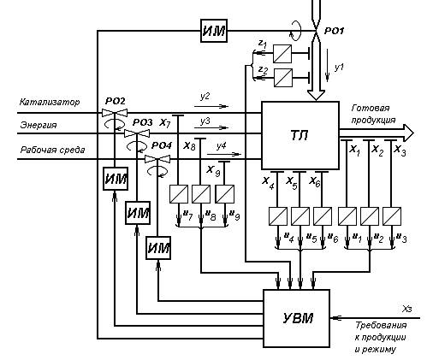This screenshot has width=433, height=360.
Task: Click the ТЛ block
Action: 300,135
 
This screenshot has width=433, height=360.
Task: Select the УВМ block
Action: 296,318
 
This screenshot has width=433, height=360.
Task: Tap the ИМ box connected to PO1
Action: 214,31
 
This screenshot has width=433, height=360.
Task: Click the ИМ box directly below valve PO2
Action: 116,179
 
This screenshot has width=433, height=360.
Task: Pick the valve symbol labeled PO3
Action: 137,133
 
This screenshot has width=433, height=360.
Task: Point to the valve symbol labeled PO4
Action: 157,159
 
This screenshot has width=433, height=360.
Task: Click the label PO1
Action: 335,31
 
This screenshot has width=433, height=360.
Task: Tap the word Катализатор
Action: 50,102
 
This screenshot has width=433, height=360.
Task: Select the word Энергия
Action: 39,125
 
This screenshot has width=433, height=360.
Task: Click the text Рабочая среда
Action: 52,150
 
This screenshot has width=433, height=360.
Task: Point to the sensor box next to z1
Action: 282,54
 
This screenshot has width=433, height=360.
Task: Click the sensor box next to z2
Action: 283,78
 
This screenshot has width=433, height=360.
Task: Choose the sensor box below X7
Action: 179,194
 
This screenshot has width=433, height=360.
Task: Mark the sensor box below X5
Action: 300,216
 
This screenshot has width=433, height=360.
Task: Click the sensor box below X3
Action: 392,216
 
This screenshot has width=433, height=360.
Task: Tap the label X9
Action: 213,170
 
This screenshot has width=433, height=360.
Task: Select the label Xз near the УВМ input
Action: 407,309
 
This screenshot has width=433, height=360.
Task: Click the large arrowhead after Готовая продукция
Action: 408,133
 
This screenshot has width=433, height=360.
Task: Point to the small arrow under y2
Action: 211,106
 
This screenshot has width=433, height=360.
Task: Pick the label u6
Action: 333,238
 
